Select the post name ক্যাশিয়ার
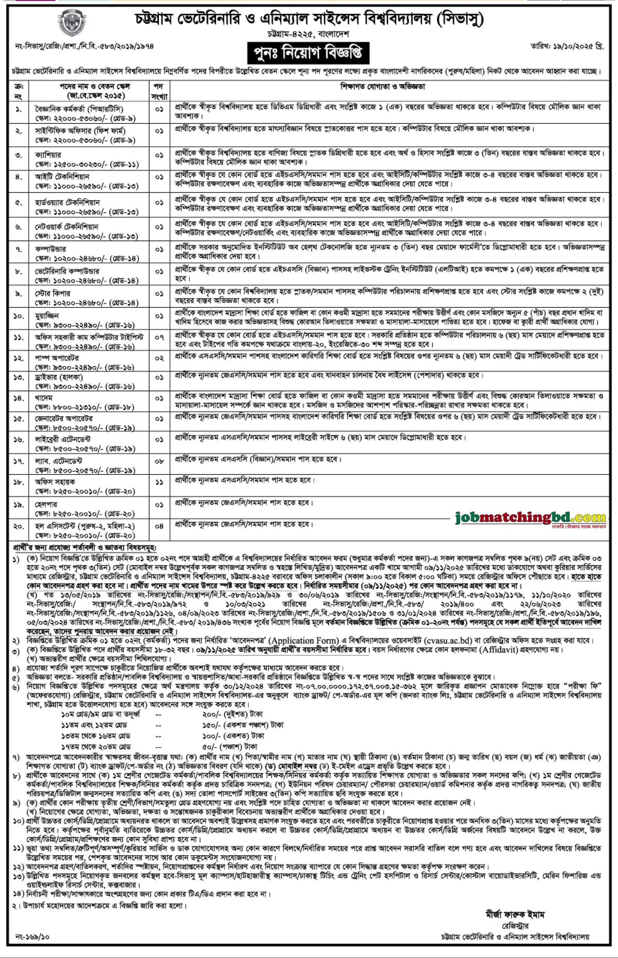coord(48,154)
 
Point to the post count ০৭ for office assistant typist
coord(159,337)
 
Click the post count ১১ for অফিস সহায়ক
coord(159,483)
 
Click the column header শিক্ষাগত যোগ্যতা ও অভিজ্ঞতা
coord(382,86)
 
